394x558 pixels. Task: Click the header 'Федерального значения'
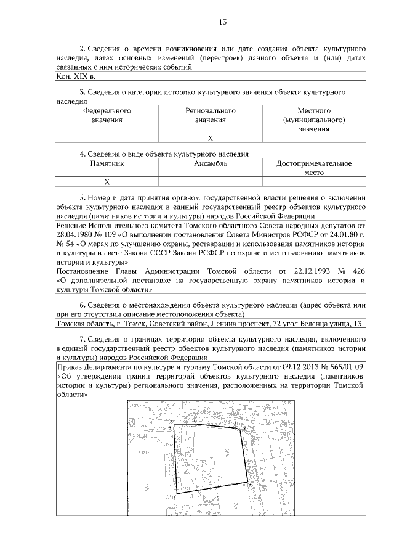(x=107, y=115)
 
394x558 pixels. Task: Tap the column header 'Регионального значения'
(x=211, y=115)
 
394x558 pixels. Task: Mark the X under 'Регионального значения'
(x=211, y=138)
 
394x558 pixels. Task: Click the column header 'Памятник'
(x=107, y=164)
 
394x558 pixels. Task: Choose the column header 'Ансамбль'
(x=211, y=164)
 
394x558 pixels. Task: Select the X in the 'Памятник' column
(x=107, y=182)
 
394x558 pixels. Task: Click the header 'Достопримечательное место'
(x=314, y=168)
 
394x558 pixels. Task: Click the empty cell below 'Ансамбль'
(x=211, y=182)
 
